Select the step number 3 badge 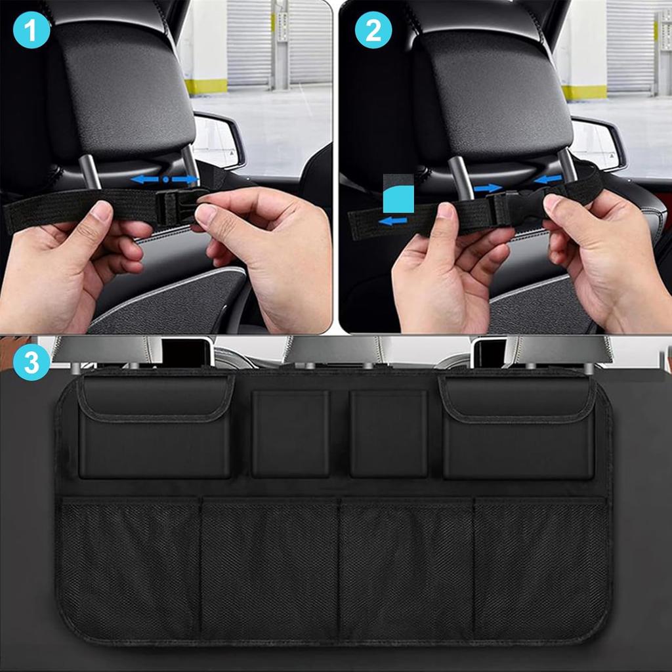[31, 362]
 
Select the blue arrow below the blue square [393, 221]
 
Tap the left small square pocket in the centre [291, 433]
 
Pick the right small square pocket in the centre [388, 433]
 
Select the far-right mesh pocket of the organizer [539, 568]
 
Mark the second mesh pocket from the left [270, 568]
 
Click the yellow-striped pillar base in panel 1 [206, 86]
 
